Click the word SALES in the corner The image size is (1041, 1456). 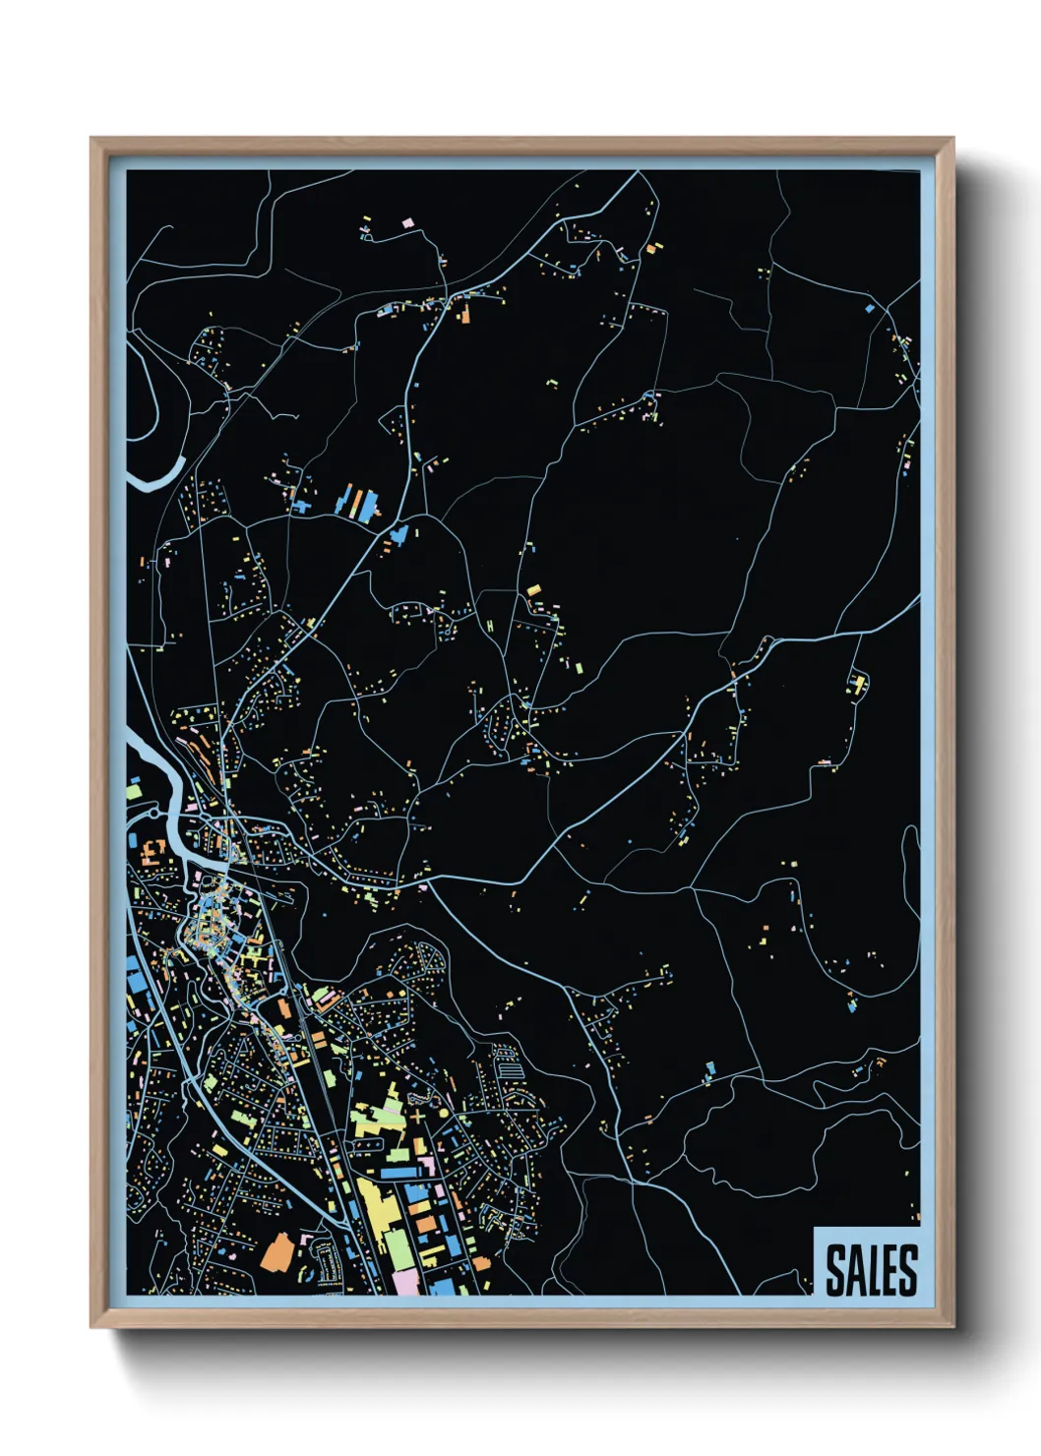pyautogui.click(x=871, y=1270)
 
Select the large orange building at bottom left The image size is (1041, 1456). pyautogui.click(x=276, y=1252)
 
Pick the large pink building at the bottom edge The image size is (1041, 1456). pyautogui.click(x=406, y=1282)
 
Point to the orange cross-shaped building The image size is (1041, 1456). pyautogui.click(x=418, y=1118)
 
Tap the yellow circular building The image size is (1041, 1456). pyautogui.click(x=444, y=1112)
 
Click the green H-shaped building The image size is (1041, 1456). pyautogui.click(x=489, y=626)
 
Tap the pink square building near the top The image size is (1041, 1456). pyautogui.click(x=408, y=223)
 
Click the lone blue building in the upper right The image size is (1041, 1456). pyautogui.click(x=870, y=308)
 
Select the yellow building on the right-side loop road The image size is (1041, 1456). pyautogui.click(x=859, y=682)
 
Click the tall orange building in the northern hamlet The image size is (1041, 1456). pyautogui.click(x=465, y=314)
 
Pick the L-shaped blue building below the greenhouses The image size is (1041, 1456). pyautogui.click(x=398, y=534)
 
